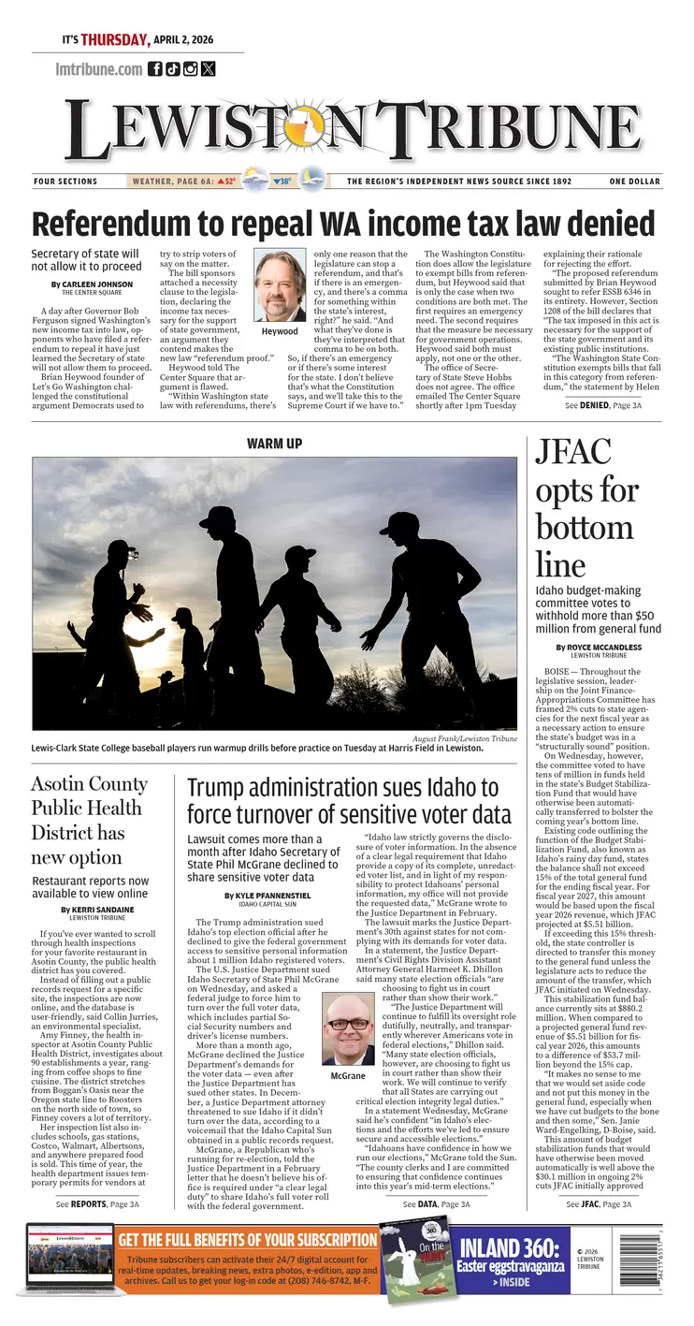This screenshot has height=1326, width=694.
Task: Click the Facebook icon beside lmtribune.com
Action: (155, 68)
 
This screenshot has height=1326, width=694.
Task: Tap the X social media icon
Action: (208, 68)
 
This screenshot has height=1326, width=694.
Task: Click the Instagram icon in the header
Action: (190, 68)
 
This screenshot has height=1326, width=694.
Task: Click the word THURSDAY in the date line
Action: (114, 40)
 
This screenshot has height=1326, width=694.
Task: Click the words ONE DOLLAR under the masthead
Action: (634, 182)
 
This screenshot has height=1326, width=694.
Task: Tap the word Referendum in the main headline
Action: (120, 226)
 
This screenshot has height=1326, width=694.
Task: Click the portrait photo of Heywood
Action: (280, 285)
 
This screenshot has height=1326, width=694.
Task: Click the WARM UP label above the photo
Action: (274, 443)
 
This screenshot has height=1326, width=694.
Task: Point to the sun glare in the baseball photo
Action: (150, 646)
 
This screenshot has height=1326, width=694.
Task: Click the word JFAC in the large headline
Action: (572, 454)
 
